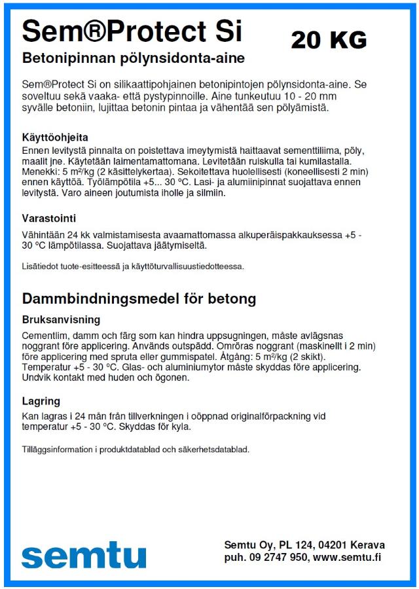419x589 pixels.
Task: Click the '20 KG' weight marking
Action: [x=329, y=40]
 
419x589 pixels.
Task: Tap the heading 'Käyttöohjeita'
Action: [x=55, y=138]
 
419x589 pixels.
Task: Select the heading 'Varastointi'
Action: [x=50, y=217]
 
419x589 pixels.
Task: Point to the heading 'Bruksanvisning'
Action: [x=61, y=320]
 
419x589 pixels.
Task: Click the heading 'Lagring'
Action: [x=41, y=401]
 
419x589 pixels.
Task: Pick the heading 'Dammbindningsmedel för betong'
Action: [x=139, y=299]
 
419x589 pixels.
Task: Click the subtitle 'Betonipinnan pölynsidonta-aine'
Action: [x=134, y=58]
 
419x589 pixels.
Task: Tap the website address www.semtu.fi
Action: [x=347, y=557]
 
